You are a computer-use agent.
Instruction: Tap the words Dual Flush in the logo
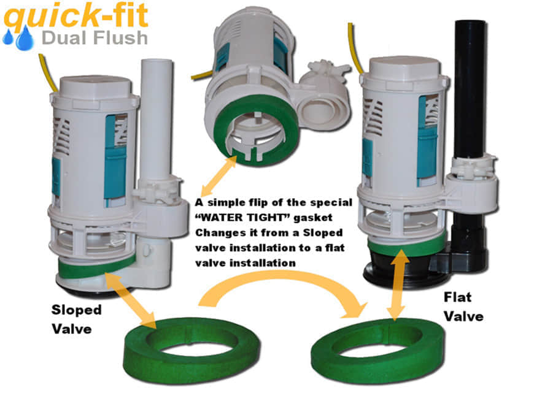[x=95, y=38]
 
